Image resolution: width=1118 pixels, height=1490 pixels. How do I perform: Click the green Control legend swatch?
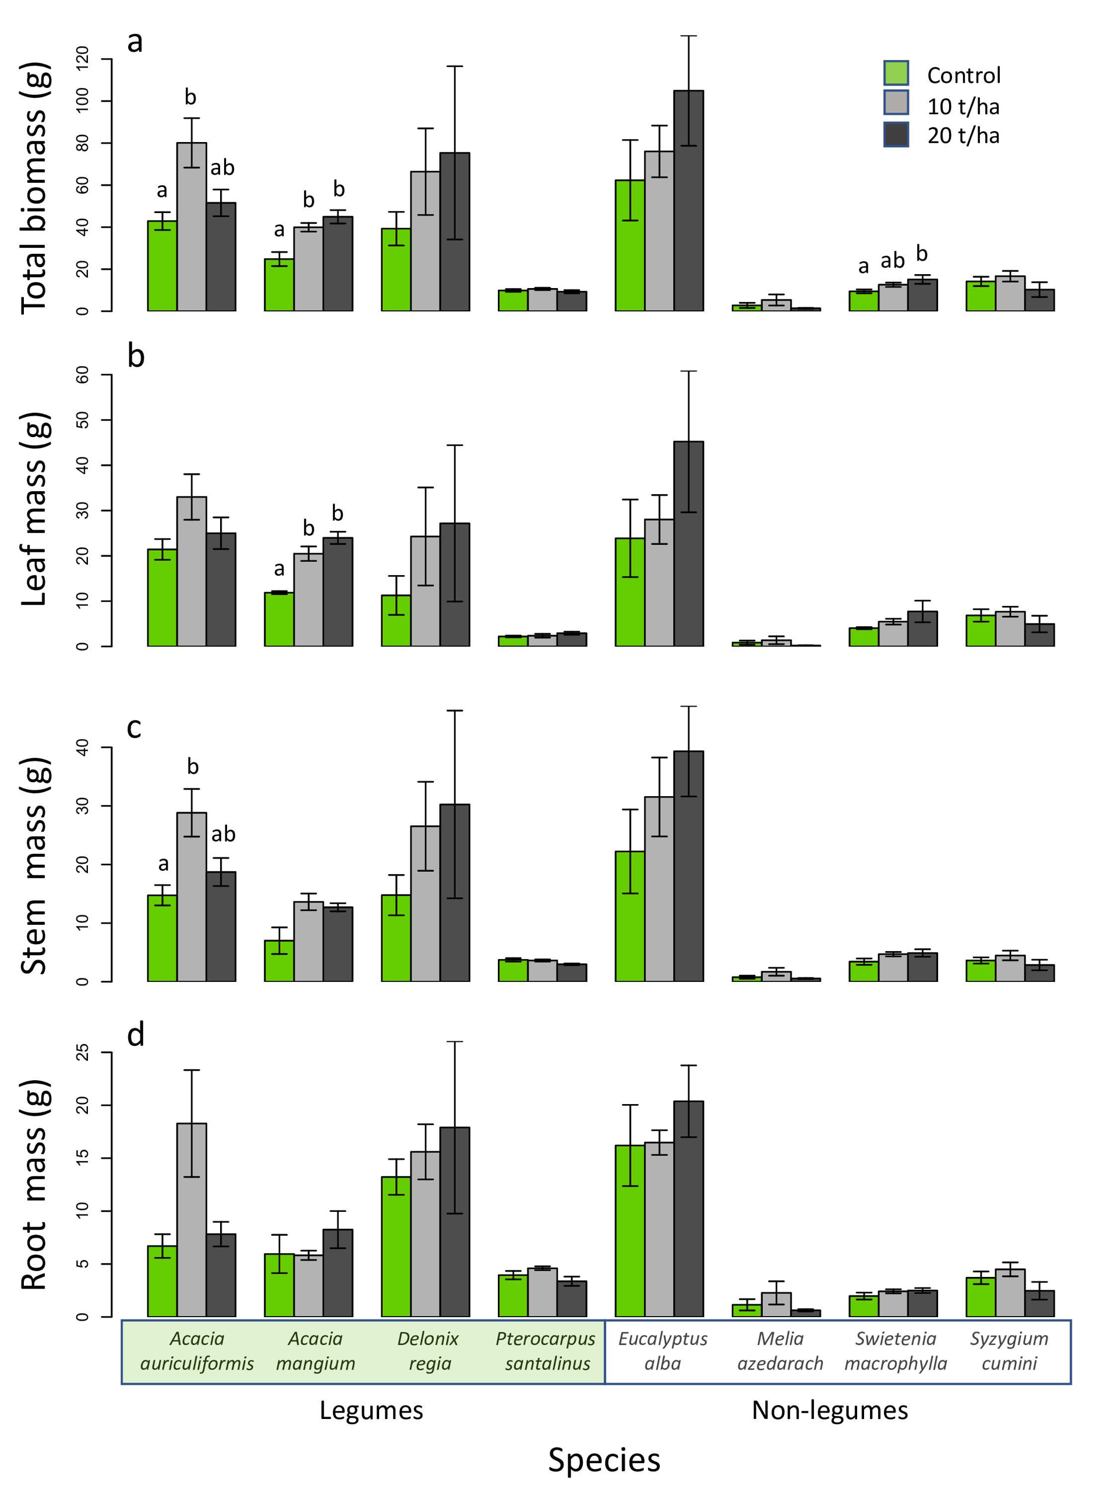coord(896,73)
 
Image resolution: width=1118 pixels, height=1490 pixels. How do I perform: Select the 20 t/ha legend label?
coord(963,136)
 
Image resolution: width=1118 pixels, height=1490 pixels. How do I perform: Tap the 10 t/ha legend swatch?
coord(896,103)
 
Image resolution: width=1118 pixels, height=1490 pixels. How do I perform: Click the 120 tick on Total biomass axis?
coord(83,59)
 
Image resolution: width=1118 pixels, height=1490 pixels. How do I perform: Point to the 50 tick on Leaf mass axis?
coord(83,420)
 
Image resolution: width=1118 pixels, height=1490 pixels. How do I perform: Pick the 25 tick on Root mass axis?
coord(83,1052)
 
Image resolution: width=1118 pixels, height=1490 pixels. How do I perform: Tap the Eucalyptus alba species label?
coord(663,1350)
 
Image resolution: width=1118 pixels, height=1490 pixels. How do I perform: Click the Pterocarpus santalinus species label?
coord(546,1350)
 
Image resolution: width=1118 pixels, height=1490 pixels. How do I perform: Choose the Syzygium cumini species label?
coord(1009,1350)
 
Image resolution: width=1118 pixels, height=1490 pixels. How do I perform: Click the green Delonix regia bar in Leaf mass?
coord(397,620)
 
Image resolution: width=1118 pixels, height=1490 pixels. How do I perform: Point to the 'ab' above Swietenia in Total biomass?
coord(892,260)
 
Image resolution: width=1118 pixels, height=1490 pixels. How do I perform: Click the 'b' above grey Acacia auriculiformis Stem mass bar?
coord(193,767)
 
